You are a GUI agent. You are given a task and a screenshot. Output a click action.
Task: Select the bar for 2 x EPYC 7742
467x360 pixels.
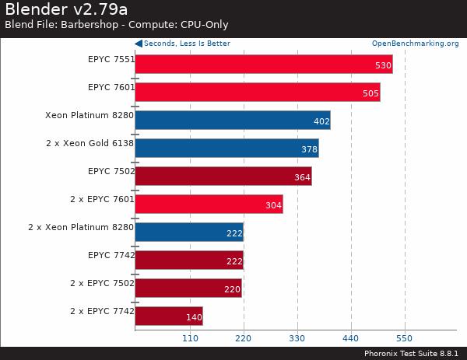coord(169,316)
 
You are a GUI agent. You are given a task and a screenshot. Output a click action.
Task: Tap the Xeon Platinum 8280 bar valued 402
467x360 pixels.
coord(233,120)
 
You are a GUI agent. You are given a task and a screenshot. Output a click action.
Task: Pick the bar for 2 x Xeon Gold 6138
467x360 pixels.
coord(226,148)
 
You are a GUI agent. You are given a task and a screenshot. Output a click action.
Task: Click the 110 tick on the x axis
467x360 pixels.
coord(189,339)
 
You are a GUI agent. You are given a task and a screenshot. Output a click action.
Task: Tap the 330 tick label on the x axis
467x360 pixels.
coord(297,339)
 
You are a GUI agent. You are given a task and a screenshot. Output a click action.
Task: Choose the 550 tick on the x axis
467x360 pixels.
coord(404,339)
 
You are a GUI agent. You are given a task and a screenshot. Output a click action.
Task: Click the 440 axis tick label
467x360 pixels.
coord(350,339)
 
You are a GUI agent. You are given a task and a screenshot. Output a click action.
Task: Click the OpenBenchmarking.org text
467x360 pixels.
coord(415,44)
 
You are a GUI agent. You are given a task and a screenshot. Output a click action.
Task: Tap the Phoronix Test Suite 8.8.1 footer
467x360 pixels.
coord(412,353)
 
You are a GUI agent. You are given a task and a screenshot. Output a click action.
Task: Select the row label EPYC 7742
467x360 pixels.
coord(111,255)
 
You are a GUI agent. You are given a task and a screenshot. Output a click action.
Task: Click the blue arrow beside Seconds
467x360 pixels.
coord(139,44)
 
